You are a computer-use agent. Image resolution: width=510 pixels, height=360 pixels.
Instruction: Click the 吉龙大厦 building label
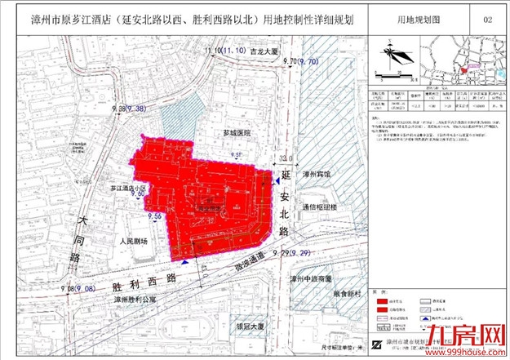click(x=242, y=52)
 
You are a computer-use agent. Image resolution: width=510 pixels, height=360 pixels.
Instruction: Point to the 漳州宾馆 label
click(x=316, y=175)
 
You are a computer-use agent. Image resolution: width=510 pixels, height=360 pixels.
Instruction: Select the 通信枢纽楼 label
click(x=320, y=207)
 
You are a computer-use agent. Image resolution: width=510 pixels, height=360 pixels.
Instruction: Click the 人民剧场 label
click(x=132, y=242)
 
